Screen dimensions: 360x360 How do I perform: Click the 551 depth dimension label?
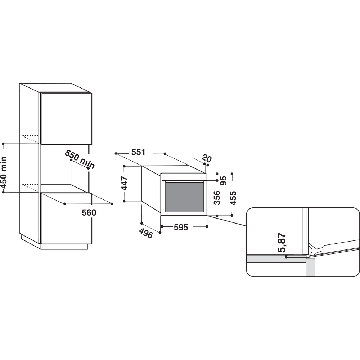point(138,152)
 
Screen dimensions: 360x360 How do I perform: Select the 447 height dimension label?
point(125,183)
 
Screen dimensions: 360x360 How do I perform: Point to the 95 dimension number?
point(223,180)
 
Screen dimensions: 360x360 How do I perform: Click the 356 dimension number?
point(217,198)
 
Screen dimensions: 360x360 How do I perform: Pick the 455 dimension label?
point(233,198)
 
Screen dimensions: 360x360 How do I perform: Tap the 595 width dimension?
point(181,227)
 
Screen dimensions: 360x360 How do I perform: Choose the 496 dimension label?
point(146,234)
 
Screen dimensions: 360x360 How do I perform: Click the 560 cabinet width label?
point(89,213)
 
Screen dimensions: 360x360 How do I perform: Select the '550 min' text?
point(80,159)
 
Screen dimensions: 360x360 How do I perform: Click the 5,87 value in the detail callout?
point(282,242)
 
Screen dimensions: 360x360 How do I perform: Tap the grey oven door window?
point(184,197)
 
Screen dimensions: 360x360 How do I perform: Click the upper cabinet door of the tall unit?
point(66,118)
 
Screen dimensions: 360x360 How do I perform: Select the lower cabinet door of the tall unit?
point(66,219)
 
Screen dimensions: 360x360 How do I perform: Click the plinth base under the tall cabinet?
point(64,247)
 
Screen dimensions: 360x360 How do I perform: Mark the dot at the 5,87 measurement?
point(286,257)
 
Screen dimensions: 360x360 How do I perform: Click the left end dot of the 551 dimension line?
point(116,153)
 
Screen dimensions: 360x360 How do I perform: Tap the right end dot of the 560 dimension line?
point(112,204)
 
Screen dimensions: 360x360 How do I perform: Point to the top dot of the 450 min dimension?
point(3,144)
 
